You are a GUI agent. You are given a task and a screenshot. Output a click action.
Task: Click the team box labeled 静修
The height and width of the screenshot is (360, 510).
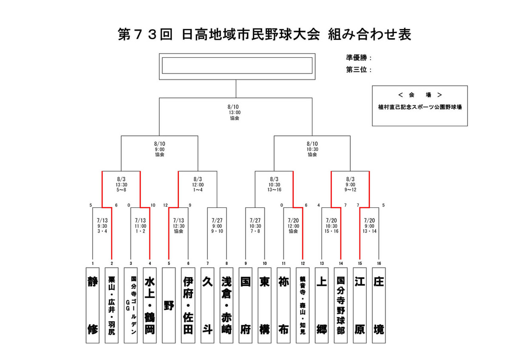tap(93, 305)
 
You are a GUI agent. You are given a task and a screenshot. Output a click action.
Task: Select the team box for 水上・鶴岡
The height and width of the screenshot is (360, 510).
tap(150, 305)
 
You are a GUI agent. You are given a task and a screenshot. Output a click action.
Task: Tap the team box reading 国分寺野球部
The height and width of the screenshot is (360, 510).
tap(340, 305)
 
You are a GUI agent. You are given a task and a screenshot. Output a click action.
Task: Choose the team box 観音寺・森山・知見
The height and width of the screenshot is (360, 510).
tap(303, 305)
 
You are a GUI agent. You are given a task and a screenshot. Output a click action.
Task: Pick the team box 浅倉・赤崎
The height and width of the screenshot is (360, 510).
tap(226, 305)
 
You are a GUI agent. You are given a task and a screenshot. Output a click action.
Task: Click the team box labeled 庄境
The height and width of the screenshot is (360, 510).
tap(379, 305)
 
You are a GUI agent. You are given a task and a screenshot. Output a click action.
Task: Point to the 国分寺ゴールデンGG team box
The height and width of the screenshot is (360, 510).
tap(131, 305)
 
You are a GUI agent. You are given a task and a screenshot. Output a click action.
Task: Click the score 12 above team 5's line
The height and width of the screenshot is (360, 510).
tap(165, 205)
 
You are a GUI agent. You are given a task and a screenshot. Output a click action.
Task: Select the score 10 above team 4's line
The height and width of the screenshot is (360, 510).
tap(153, 205)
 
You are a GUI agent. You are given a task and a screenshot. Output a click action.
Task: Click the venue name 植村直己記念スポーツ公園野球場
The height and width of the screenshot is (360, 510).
tap(420, 107)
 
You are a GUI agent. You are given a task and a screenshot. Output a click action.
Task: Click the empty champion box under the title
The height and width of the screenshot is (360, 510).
tap(237, 65)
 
